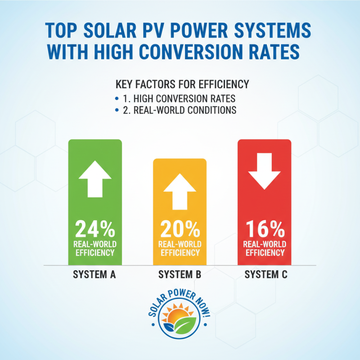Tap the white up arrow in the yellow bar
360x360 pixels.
180,192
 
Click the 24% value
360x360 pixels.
95,230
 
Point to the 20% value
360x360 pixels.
180,230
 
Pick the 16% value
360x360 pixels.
264,230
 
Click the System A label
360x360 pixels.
95,274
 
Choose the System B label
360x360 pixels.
180,274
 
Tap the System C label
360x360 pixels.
265,274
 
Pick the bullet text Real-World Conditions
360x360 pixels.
182,110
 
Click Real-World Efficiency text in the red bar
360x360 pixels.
264,248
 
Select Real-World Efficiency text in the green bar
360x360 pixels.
95,248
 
